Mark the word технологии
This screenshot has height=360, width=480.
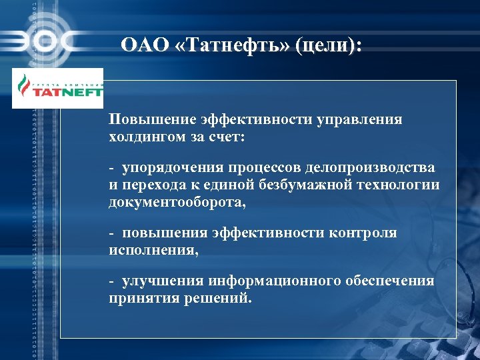pyautogui.click(x=401, y=185)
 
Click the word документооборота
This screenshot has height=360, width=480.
pyautogui.click(x=176, y=201)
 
